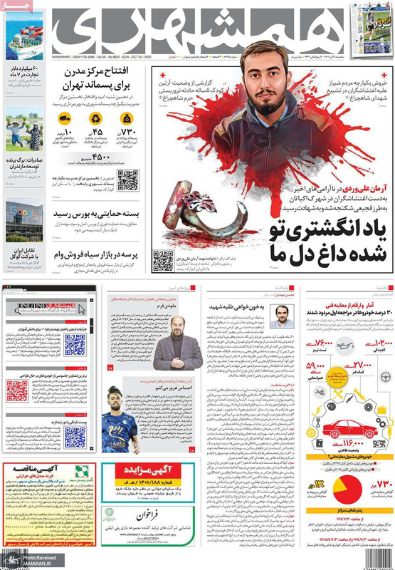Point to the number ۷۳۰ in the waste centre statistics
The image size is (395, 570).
tap(128, 133)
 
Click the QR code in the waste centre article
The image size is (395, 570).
tap(127, 180)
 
